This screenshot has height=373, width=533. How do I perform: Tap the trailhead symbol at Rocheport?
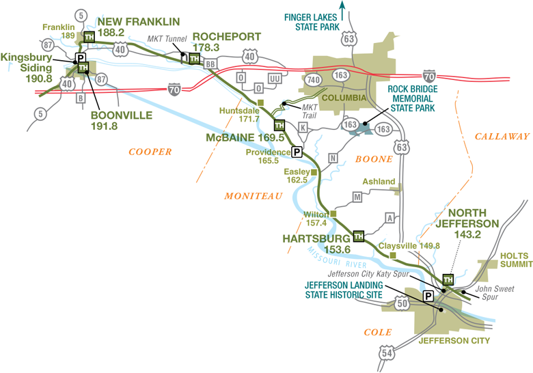tap(194, 59)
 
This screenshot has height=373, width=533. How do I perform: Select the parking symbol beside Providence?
tap(297, 152)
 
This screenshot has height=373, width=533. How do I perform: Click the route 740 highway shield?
tap(314, 79)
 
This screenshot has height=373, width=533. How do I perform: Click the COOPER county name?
tap(150, 152)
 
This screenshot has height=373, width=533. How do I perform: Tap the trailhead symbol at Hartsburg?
tap(358, 236)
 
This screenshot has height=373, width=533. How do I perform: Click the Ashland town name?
tap(379, 182)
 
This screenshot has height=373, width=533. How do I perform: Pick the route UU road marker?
tap(275, 79)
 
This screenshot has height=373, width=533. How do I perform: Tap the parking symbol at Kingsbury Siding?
tap(79, 58)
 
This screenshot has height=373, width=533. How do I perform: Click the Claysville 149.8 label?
tap(410, 245)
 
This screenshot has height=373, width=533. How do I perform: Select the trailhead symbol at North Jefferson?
tap(448, 279)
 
